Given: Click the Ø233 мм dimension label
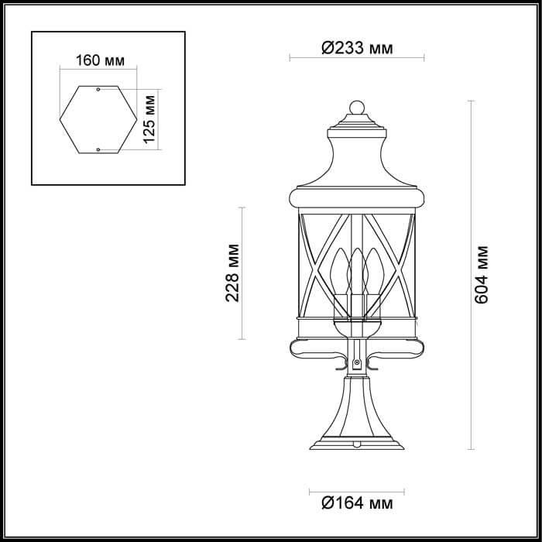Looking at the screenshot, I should pos(356,49).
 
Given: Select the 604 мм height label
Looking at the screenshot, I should pos(482,274).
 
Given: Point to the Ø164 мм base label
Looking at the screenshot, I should pos(356,505).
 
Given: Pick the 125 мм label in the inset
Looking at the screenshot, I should pos(150,118).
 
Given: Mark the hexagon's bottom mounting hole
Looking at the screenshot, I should pos(98,148).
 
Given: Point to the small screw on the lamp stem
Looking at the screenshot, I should pos(356,362).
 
